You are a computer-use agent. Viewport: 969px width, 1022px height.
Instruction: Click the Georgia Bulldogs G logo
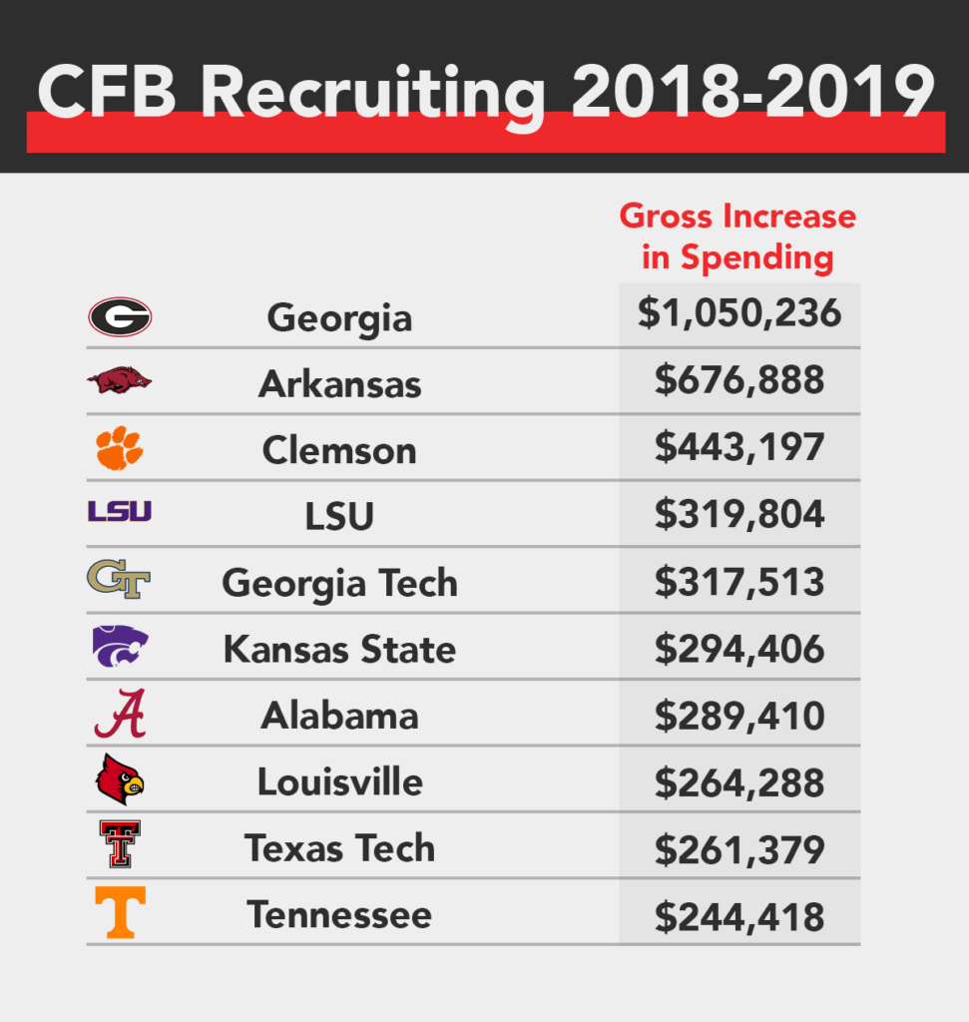point(120,317)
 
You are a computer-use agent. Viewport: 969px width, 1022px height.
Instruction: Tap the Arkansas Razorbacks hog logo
point(120,380)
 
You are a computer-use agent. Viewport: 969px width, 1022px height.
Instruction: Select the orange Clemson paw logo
point(120,448)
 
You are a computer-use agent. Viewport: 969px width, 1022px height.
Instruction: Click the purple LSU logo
point(120,512)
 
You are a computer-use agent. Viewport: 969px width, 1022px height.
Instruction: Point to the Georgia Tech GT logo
point(119,580)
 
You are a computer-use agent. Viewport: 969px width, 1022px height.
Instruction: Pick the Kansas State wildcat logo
point(120,647)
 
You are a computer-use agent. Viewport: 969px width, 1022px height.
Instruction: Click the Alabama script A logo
point(120,714)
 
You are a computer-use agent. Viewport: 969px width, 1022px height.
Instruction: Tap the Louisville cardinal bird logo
point(120,780)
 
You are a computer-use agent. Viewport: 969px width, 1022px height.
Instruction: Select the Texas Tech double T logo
point(120,844)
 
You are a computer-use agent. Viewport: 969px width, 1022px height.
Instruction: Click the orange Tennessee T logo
point(120,912)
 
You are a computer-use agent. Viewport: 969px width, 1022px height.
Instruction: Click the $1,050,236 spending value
point(739,313)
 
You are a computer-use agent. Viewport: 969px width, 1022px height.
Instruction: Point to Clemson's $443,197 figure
point(739,447)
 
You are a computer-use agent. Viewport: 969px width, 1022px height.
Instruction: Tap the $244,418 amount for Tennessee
point(739,915)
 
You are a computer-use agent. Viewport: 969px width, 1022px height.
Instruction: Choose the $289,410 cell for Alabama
point(739,715)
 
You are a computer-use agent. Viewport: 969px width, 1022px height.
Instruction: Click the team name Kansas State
point(339,650)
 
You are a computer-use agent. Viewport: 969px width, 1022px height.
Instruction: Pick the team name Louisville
point(339,781)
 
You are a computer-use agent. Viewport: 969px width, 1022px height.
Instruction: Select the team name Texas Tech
point(339,848)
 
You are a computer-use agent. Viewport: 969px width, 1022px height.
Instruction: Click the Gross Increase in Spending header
point(737,237)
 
